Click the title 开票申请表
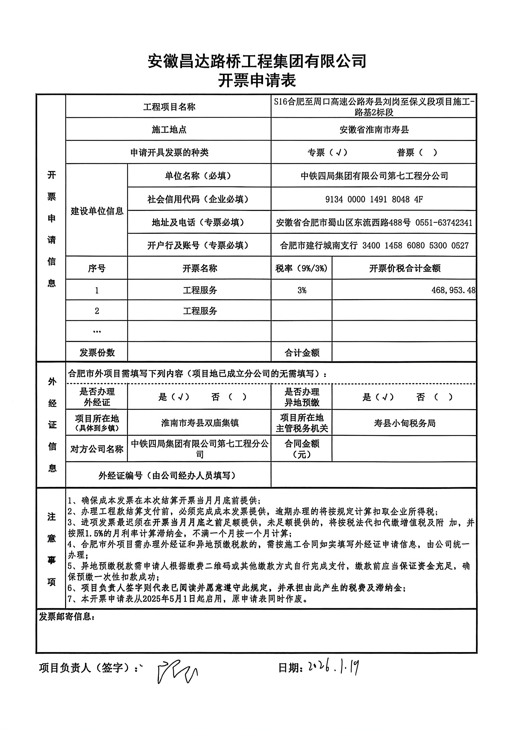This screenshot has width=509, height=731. click(x=257, y=81)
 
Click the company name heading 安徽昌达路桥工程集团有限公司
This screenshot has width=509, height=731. click(x=257, y=61)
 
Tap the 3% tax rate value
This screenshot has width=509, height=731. click(x=302, y=290)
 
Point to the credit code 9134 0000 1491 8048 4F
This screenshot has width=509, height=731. click(x=374, y=199)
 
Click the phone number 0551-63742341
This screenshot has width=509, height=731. click(x=443, y=223)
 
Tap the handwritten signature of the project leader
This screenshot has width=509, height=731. click(x=176, y=671)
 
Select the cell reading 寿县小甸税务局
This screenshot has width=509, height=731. click(x=404, y=423)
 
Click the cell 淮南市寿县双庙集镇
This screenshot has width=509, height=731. click(x=199, y=423)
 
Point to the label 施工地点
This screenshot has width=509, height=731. click(x=169, y=130)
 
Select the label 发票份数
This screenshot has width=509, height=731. click(x=97, y=352)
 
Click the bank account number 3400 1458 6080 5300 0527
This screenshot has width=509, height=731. click(x=415, y=245)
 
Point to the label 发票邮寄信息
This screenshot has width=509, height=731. click(x=66, y=617)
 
